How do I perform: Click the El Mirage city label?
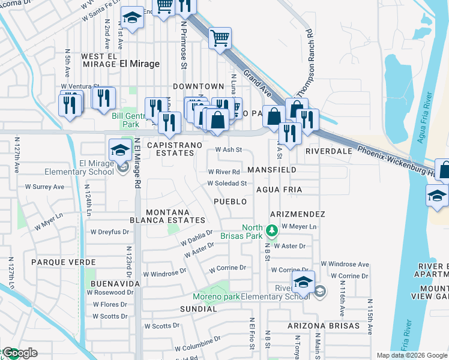coord(139,64)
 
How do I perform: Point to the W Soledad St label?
coord(227,183)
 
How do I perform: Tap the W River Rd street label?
coord(224,172)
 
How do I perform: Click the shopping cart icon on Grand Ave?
coord(220,38)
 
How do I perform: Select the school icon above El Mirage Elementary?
coord(120,149)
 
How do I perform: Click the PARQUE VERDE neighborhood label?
coord(64,262)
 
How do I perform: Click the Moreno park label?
coord(216,296)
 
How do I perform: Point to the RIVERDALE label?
coord(328,151)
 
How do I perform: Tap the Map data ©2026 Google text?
coord(411,355)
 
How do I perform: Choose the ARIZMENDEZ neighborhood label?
coord(297,214)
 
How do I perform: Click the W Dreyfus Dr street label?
coord(109,232)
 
